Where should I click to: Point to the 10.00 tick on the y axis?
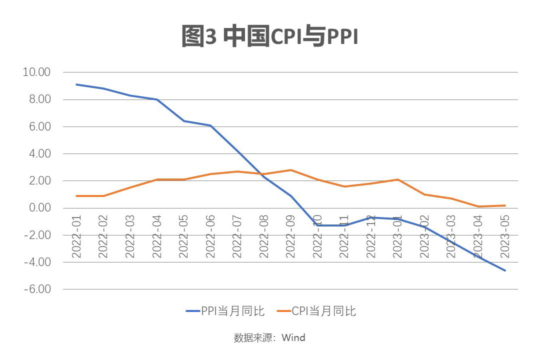click(37, 72)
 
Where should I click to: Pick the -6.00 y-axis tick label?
click(37, 289)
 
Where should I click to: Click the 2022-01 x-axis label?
click(76, 237)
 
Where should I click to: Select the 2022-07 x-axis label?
click(237, 237)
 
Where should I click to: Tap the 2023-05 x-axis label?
click(505, 237)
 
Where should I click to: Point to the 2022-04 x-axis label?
click(157, 237)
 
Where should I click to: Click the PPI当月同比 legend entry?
click(225, 311)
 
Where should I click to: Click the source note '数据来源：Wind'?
click(269, 337)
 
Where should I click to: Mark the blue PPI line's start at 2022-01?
click(76, 84)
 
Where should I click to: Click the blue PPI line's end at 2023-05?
click(505, 270)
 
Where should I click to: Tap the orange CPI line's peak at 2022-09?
click(290, 170)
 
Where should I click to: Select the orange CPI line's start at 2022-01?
click(76, 196)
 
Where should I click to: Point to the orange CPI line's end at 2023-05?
click(505, 205)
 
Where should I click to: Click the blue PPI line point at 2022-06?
click(210, 125)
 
